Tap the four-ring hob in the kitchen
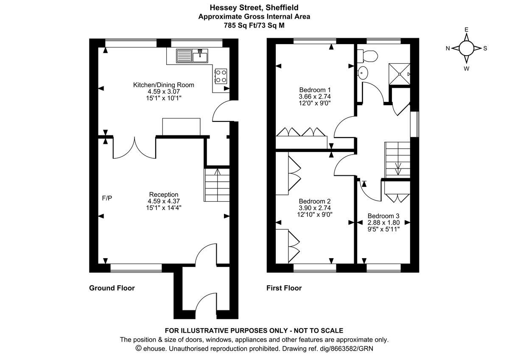click(x=221, y=76)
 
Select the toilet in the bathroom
click(x=368, y=56)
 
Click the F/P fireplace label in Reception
click(x=107, y=198)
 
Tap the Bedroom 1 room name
click(x=315, y=90)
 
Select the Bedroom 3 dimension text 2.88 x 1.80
click(x=383, y=222)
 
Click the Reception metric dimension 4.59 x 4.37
click(x=163, y=201)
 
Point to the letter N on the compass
click(x=447, y=48)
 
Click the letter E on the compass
click(x=466, y=30)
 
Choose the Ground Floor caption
click(x=112, y=288)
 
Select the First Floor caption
click(x=284, y=288)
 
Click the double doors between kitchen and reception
click(x=134, y=148)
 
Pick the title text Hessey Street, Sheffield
click(x=254, y=7)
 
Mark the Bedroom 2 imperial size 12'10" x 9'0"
click(x=314, y=214)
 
